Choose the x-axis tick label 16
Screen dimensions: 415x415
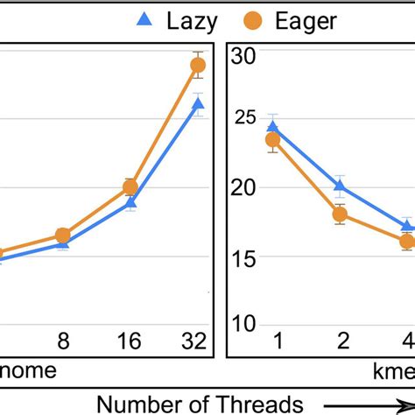[x=130, y=341]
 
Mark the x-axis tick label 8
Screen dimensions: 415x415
[x=63, y=341]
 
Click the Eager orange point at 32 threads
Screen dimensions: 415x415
[x=198, y=65]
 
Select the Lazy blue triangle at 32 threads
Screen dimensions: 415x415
[x=198, y=104]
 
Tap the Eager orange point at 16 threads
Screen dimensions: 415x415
[x=130, y=186]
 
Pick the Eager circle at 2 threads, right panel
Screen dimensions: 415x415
[x=340, y=215]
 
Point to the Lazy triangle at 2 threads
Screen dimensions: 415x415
[x=340, y=185]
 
